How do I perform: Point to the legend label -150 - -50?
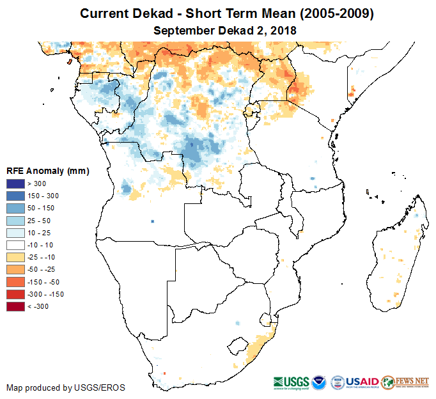(x=43, y=282)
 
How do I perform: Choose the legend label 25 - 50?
(x=40, y=221)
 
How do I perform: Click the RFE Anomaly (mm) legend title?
(x=47, y=171)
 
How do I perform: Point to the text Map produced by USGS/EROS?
(x=66, y=387)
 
